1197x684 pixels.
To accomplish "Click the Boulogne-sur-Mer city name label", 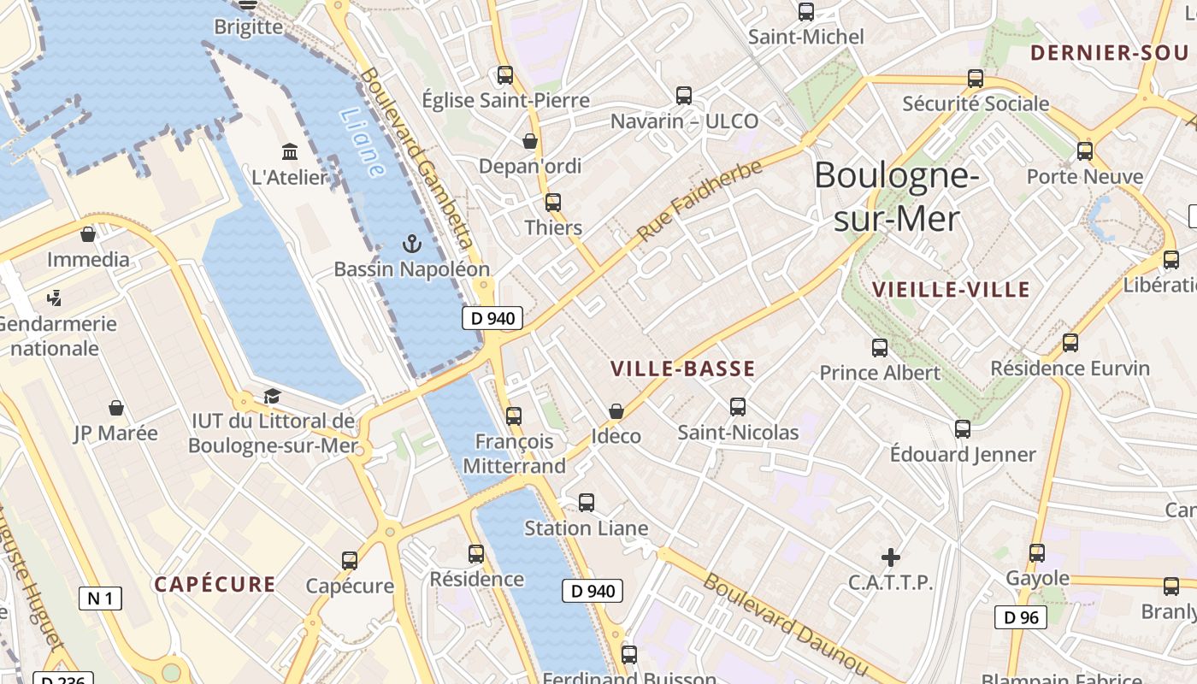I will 896,197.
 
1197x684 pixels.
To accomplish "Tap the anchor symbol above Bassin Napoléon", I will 412,245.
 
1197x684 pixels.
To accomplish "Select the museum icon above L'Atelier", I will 290,152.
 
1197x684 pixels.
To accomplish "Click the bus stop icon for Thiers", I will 553,203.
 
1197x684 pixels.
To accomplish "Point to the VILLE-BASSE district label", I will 682,369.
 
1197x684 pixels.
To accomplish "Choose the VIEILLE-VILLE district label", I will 951,290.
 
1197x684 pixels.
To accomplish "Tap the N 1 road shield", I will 100,598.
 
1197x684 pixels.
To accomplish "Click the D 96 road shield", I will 1021,617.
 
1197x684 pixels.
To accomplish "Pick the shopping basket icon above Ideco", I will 616,412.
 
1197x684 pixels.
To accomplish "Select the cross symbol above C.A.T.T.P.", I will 891,558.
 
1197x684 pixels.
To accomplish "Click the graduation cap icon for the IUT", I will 272,396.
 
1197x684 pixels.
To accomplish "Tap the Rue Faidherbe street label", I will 699,200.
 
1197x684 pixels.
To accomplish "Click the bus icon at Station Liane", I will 587,503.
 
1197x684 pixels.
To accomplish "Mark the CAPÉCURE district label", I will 215,585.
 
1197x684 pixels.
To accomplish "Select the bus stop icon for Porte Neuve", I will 1085,151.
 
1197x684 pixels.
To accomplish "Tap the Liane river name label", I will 362,142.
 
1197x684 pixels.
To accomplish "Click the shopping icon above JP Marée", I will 116,408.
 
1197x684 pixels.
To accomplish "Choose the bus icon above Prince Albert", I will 880,348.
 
